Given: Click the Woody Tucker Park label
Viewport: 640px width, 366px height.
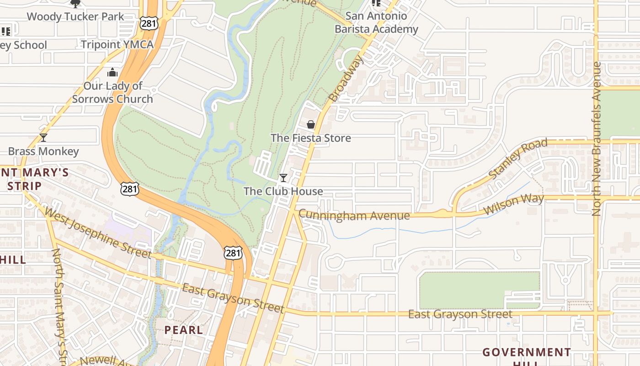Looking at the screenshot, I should tap(75, 17).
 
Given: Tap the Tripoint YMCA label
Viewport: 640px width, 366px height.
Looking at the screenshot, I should tap(117, 44).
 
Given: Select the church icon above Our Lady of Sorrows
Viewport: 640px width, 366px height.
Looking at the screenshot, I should tap(112, 73).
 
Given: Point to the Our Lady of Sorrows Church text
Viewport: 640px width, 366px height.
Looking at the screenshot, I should tap(112, 92).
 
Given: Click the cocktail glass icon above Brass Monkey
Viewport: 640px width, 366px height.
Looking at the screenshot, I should tap(43, 138).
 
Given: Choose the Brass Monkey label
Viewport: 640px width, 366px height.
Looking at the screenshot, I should tap(43, 151).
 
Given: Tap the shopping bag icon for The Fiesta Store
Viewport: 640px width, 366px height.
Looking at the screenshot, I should tap(311, 124).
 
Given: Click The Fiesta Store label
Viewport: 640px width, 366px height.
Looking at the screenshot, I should tap(311, 138).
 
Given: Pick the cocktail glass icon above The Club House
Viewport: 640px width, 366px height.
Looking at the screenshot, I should tap(283, 178).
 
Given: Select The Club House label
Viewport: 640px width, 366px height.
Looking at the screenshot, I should tap(283, 191).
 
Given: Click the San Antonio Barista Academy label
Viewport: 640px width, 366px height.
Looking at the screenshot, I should tap(376, 22).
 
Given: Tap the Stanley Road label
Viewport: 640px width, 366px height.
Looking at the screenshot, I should tap(517, 159).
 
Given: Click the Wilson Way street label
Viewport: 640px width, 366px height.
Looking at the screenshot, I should tap(514, 204).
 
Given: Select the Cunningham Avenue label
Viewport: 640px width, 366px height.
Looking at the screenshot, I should tap(354, 215).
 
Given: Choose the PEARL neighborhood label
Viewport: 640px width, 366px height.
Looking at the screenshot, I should tap(183, 330).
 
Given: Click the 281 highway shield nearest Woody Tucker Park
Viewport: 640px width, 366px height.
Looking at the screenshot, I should tap(149, 23).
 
